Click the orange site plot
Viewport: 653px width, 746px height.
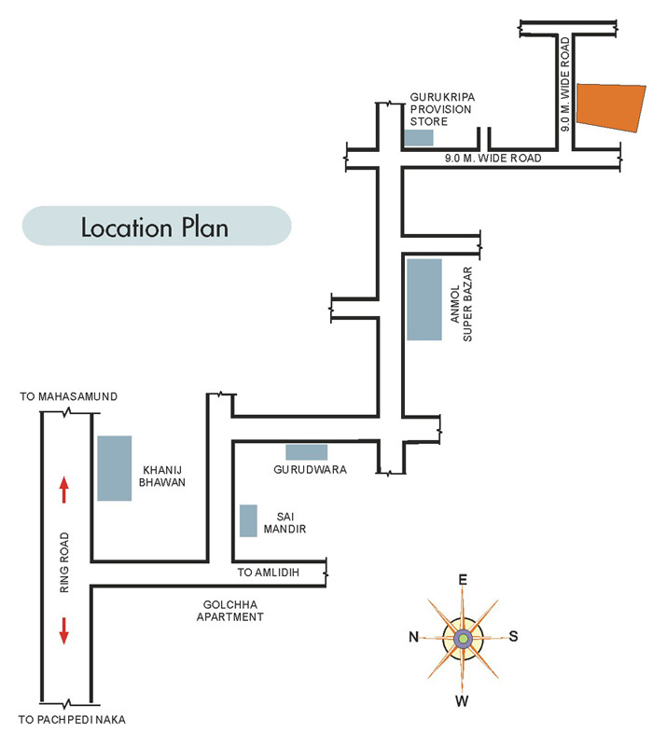coord(610,105)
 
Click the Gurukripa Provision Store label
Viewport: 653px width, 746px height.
coord(441,109)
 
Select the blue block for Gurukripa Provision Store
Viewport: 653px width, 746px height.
coord(419,138)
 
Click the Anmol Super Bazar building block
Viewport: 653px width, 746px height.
coord(424,299)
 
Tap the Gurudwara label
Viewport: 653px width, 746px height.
coord(311,470)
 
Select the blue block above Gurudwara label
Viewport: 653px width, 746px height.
coord(306,452)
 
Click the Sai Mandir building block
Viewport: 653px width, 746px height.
coord(248,520)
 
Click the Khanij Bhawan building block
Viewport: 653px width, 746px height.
coord(115,468)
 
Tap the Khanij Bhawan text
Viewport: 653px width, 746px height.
coord(165,477)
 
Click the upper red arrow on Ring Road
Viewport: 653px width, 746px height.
coord(64,489)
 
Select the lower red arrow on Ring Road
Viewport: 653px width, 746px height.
coord(64,630)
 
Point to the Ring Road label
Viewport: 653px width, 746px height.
coord(64,563)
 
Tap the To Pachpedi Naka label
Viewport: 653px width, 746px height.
coord(72,719)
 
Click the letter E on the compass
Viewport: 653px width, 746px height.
coord(462,580)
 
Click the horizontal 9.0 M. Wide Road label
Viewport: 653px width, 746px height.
coord(493,159)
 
